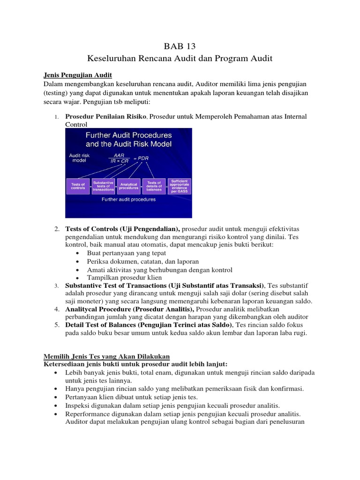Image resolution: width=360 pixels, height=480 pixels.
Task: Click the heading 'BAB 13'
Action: pyautogui.click(x=180, y=46)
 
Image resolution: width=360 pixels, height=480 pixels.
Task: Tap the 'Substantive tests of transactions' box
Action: pyautogui.click(x=103, y=186)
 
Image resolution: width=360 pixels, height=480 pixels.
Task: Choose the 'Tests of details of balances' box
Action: pyautogui.click(x=154, y=186)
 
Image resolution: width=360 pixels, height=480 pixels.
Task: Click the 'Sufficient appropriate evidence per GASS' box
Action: pyautogui.click(x=180, y=186)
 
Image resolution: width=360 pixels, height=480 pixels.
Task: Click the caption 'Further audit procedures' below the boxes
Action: pyautogui.click(x=128, y=199)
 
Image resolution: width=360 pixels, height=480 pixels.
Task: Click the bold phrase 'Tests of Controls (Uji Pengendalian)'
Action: pyautogui.click(x=122, y=229)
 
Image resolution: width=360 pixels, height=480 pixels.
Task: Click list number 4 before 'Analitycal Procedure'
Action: pyautogui.click(x=56, y=309)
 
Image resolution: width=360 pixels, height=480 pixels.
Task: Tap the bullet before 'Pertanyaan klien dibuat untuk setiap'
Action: pyautogui.click(x=56, y=397)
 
